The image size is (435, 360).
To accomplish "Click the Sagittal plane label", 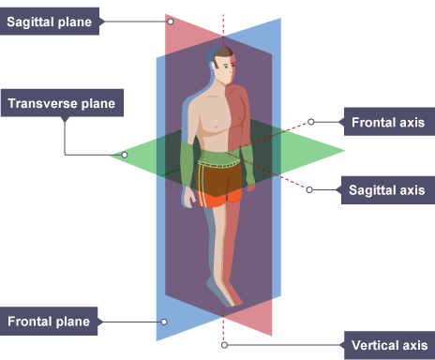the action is click(x=50, y=22).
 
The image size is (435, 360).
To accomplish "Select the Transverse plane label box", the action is click(x=62, y=103).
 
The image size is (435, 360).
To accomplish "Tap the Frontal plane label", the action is click(x=49, y=322).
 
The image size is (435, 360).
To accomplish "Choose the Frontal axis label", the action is click(x=389, y=122).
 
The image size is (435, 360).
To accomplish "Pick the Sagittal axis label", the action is click(x=388, y=190).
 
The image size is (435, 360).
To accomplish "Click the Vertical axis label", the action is click(x=389, y=345).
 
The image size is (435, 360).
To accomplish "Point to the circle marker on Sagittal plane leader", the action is click(x=171, y=22).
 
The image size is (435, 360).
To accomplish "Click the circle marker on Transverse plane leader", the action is click(x=125, y=155).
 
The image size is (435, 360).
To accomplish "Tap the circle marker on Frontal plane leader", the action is click(x=164, y=322).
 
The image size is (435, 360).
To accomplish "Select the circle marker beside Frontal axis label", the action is click(x=310, y=122).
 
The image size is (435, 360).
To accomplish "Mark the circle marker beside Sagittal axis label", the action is click(x=309, y=189).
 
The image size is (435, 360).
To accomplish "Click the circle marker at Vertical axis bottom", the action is click(x=224, y=345).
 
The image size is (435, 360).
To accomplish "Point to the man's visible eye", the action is click(x=227, y=67).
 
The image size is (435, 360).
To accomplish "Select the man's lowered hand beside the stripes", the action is click(x=188, y=198).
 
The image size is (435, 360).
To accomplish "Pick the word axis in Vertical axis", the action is click(x=414, y=345).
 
